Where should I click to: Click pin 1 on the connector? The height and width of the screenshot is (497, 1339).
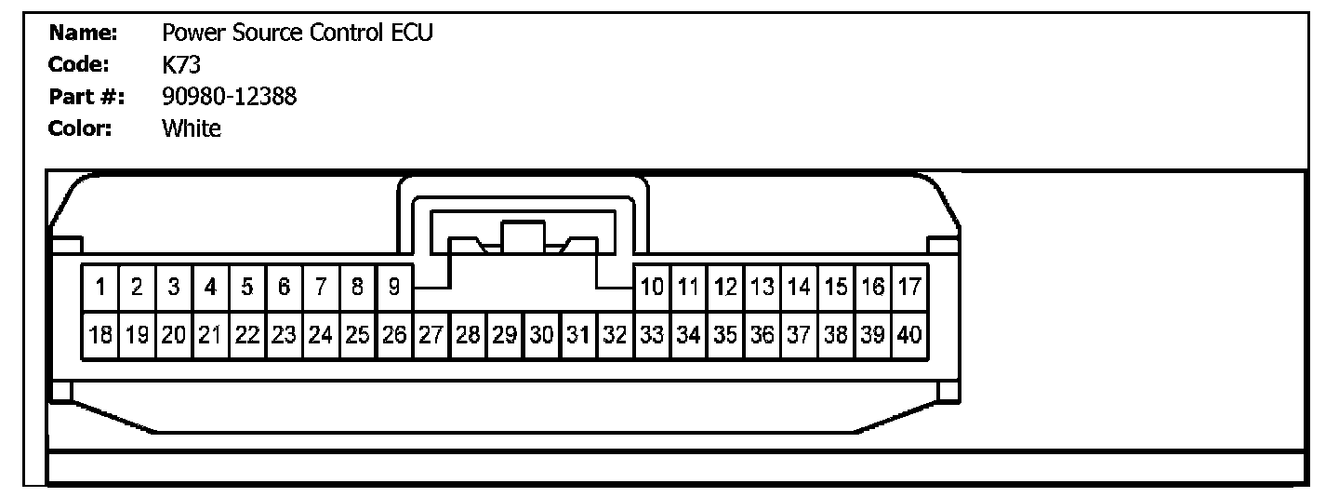pyautogui.click(x=100, y=288)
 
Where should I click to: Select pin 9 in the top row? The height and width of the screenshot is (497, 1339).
pyautogui.click(x=394, y=288)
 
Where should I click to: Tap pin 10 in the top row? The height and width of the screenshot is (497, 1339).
pyautogui.click(x=653, y=288)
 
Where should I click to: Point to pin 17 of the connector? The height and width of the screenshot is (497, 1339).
pyautogui.click(x=910, y=288)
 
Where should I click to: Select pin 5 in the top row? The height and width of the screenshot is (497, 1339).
pyautogui.click(x=247, y=288)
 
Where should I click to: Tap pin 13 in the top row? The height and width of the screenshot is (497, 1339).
pyautogui.click(x=763, y=288)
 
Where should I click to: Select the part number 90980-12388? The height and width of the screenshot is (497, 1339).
pyautogui.click(x=229, y=96)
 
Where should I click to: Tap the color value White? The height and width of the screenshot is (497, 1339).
pyautogui.click(x=192, y=128)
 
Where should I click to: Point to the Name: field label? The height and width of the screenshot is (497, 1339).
pyautogui.click(x=83, y=34)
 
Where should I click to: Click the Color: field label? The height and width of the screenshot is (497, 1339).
pyautogui.click(x=80, y=128)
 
